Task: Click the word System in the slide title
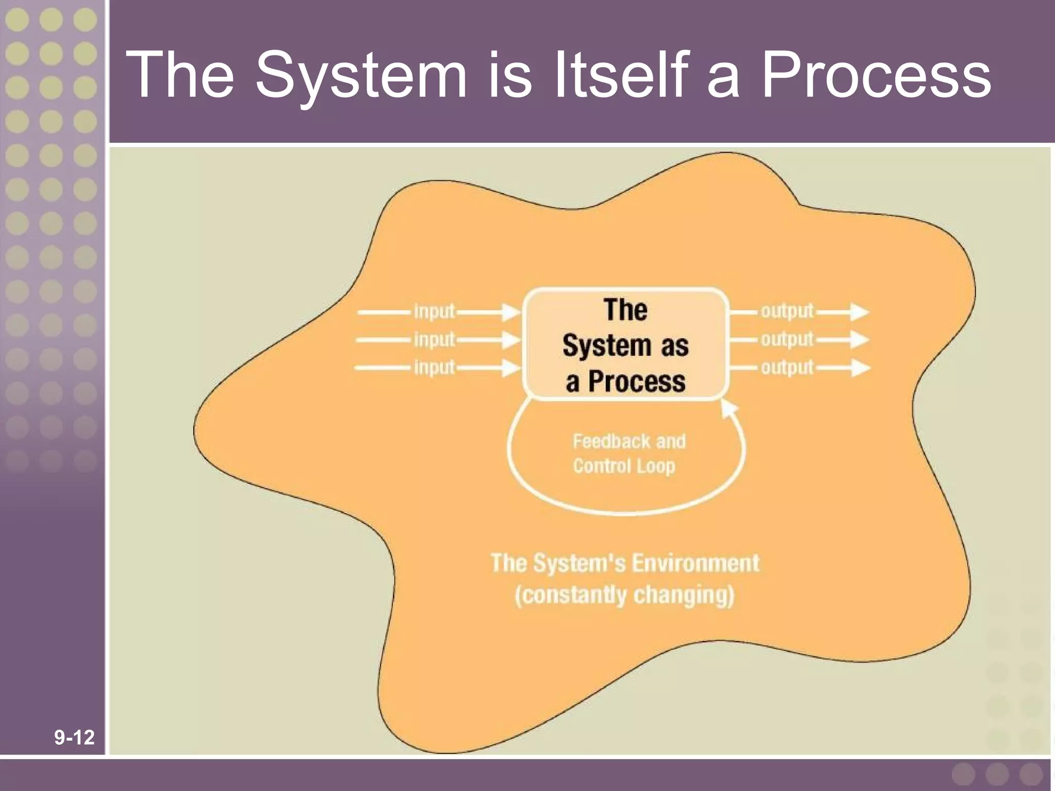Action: click(x=361, y=76)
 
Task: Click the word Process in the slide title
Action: click(x=876, y=76)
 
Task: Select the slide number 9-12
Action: click(x=74, y=737)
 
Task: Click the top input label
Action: click(x=434, y=312)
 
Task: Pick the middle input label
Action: click(x=434, y=339)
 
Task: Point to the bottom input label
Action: click(x=434, y=367)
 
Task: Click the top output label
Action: click(x=787, y=311)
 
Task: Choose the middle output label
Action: click(x=787, y=339)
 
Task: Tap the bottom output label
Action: click(x=787, y=367)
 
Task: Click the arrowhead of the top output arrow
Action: click(x=860, y=312)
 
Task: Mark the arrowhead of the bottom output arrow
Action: click(x=860, y=368)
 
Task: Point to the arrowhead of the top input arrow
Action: click(x=512, y=312)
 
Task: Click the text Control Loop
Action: click(x=624, y=466)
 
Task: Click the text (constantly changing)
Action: click(x=624, y=595)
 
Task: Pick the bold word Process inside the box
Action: click(x=637, y=382)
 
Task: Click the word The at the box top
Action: click(x=625, y=310)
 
